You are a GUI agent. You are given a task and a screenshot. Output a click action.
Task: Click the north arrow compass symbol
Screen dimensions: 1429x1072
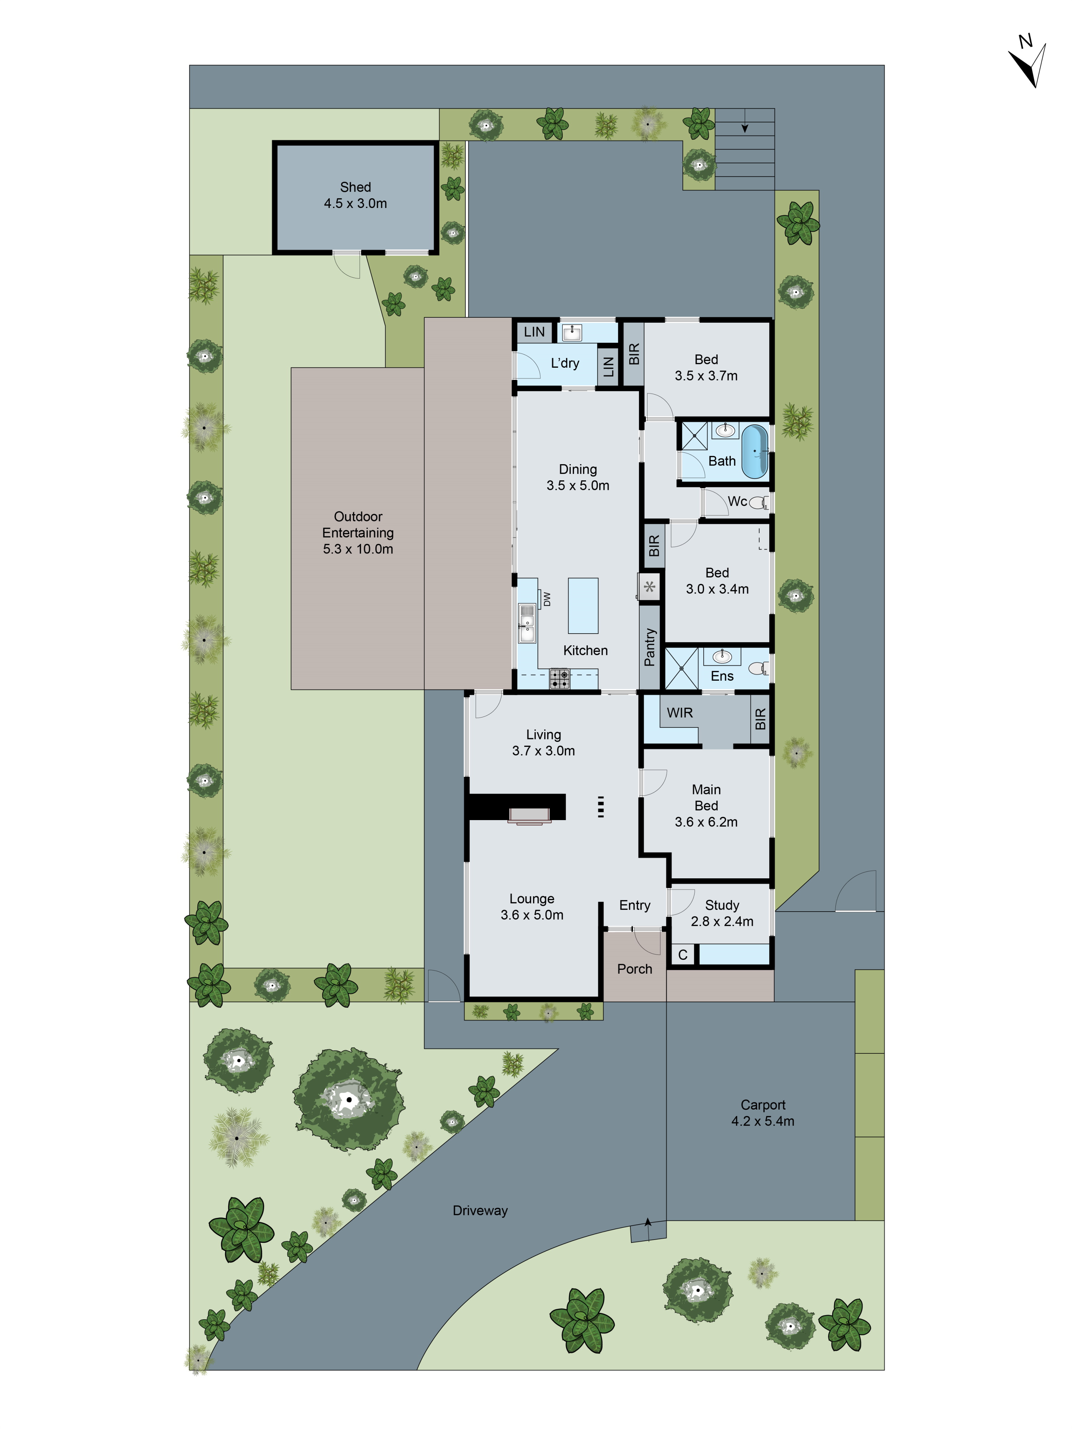(x=1027, y=65)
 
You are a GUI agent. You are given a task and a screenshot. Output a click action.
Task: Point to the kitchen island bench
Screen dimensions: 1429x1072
(x=583, y=605)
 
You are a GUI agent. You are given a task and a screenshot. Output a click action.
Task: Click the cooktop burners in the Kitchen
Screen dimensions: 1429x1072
(x=560, y=678)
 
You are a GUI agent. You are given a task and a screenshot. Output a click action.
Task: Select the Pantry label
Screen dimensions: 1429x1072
(x=649, y=647)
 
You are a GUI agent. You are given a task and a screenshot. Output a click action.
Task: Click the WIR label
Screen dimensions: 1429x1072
(x=680, y=713)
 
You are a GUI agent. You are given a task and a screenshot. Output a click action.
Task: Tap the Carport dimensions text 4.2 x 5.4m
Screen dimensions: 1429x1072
(x=763, y=1121)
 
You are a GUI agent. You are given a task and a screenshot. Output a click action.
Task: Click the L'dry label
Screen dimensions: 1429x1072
(x=565, y=363)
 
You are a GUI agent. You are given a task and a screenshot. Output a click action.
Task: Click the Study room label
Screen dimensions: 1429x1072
(x=722, y=905)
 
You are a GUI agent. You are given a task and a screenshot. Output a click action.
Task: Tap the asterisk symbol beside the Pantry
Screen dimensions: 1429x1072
(x=649, y=587)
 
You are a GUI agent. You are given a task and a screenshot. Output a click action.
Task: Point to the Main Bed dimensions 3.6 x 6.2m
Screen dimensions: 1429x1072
(x=706, y=822)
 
